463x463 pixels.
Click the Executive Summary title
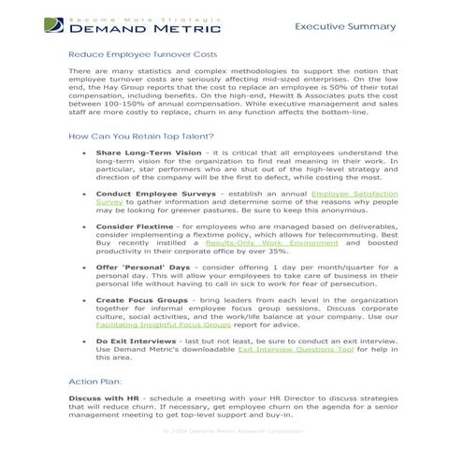[x=345, y=27]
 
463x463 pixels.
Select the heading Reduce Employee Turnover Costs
[x=142, y=55]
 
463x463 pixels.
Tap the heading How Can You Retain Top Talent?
[x=141, y=137]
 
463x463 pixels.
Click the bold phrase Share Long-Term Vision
[x=148, y=152]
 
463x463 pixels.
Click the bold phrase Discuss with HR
[x=103, y=398]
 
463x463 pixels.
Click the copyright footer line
[x=232, y=430]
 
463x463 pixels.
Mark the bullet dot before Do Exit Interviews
[x=85, y=342]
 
